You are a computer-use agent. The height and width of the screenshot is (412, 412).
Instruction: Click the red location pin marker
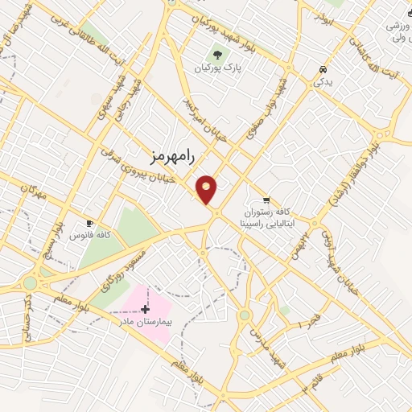click(x=207, y=189)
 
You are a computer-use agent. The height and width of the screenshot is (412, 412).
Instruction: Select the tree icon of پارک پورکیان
click(x=216, y=55)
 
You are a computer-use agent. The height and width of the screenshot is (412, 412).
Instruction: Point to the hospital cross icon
click(x=145, y=309)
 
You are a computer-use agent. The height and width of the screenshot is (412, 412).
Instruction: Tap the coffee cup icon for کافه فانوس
click(x=89, y=223)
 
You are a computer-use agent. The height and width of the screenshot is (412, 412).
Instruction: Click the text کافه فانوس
click(x=90, y=235)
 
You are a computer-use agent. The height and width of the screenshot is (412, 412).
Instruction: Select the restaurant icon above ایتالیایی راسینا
click(x=266, y=199)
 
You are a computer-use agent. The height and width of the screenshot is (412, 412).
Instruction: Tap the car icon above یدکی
click(x=323, y=70)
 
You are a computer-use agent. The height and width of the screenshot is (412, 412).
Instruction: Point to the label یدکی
click(x=322, y=82)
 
